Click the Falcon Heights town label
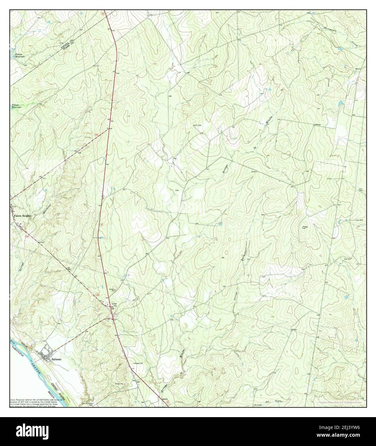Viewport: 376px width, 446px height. coord(22,216)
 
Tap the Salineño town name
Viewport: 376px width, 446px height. coord(56,360)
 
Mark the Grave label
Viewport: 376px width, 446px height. coord(254,172)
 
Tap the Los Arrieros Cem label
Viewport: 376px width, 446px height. coord(89,404)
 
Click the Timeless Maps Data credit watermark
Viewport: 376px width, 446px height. coord(340,402)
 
